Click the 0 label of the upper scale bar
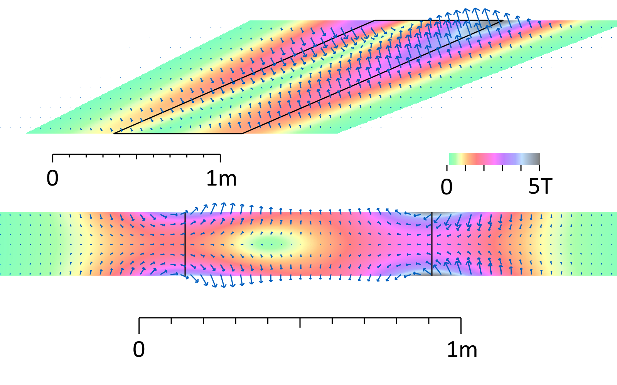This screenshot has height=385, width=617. coord(52,178)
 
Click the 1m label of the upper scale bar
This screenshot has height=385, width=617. coord(221,178)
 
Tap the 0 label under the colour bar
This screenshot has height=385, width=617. coord(447,187)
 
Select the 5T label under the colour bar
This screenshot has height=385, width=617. coord(540,187)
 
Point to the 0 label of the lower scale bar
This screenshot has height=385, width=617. coord(139,350)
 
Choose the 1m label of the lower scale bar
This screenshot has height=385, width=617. coord(462,350)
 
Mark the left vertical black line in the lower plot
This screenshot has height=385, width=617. coord(185,243)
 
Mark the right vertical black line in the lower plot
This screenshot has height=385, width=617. coord(432,243)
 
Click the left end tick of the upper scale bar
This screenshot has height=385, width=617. coord(53,158)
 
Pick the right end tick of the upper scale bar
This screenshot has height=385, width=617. coord(220,158)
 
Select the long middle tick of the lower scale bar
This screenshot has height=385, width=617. coord(300,323)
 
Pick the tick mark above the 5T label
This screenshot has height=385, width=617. coord(539,168)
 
